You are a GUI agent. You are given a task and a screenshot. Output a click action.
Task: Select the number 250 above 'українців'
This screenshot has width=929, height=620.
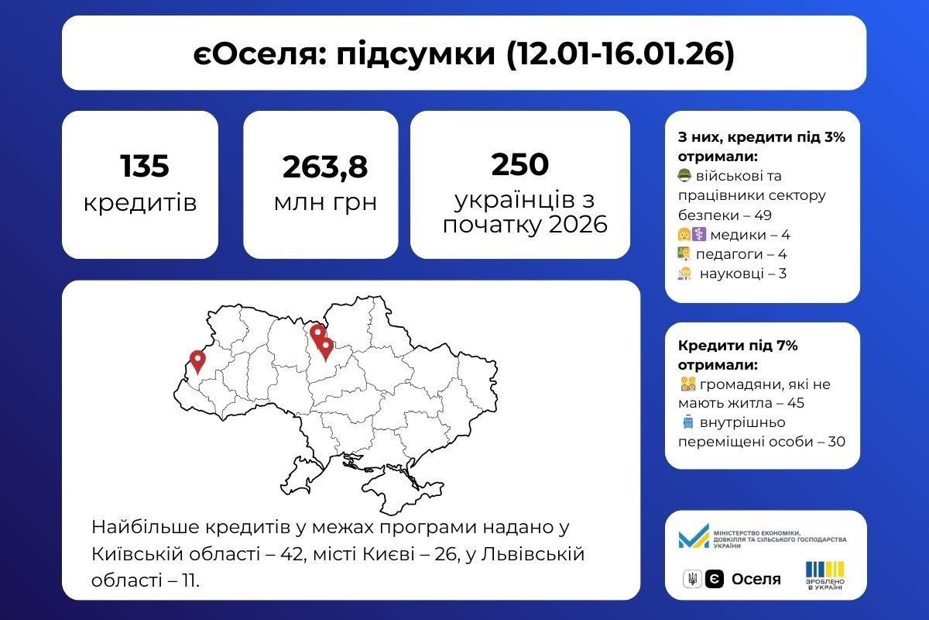tap(519, 164)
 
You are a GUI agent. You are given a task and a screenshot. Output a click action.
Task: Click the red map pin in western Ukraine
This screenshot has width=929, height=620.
tap(197, 361)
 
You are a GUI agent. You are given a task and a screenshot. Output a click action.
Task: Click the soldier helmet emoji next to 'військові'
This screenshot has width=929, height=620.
tap(684, 176)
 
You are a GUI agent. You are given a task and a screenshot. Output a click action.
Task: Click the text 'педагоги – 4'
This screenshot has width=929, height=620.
tap(741, 254)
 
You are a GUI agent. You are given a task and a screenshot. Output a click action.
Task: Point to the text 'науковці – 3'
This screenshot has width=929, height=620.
tap(742, 274)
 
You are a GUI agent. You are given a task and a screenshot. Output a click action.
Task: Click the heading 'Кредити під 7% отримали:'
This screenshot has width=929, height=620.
tap(737, 355)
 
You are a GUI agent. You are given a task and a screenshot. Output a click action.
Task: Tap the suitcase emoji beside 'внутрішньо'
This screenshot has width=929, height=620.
tap(687, 422)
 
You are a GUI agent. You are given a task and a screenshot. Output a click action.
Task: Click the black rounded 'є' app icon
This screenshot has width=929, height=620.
tap(715, 579)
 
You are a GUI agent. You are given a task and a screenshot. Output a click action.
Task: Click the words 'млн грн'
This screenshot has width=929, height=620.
tap(325, 203)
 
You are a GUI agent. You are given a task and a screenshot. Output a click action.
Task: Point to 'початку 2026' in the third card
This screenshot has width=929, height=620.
tap(519, 225)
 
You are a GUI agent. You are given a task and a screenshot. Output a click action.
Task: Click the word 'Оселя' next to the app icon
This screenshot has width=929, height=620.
tap(756, 579)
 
